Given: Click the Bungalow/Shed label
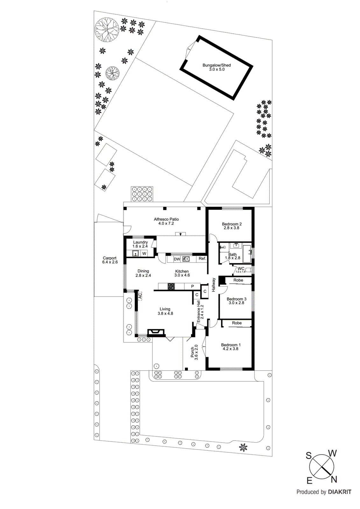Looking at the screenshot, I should (216, 65).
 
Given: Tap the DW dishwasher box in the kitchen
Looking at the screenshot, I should (177, 259).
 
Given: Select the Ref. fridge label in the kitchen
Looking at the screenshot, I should (202, 259).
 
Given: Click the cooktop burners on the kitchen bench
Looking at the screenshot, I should (171, 286).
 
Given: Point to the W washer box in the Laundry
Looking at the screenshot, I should (144, 254).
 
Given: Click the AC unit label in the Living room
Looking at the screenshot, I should (140, 296).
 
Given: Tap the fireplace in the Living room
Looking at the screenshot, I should (156, 332).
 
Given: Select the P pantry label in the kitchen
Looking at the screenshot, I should (193, 287).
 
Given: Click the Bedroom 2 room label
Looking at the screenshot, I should (232, 224).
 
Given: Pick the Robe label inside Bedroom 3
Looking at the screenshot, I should (238, 280).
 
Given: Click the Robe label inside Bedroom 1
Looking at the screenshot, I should (237, 323).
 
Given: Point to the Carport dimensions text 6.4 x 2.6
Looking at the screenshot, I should (110, 262).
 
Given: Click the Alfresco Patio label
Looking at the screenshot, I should (166, 219).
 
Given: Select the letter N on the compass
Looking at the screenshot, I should (334, 479).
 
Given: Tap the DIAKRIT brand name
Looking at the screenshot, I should (340, 492).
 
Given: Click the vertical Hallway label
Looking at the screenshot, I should (214, 285).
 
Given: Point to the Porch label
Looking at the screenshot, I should (193, 352).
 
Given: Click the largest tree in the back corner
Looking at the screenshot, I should (107, 30).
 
